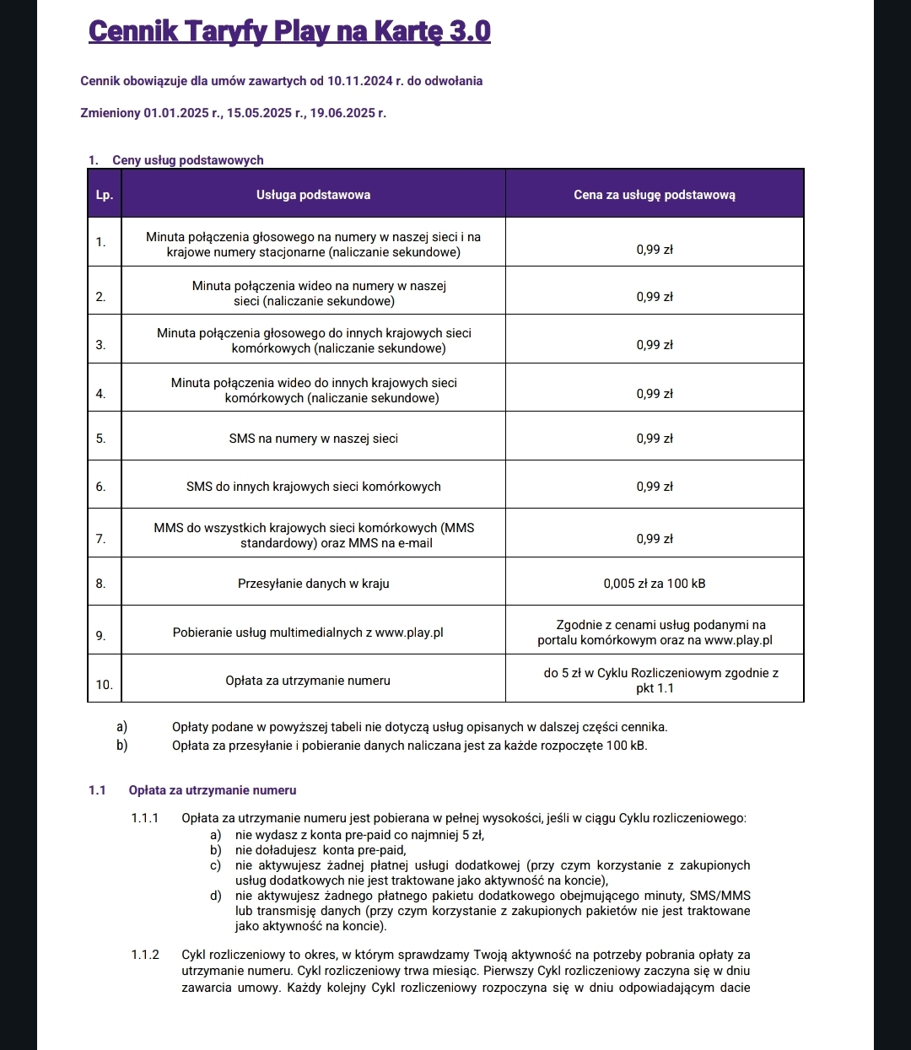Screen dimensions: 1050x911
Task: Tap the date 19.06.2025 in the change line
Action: click(x=342, y=113)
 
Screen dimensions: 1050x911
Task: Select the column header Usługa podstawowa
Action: click(x=313, y=195)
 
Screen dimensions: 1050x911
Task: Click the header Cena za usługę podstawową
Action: click(x=654, y=195)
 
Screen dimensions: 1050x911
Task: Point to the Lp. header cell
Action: click(x=104, y=195)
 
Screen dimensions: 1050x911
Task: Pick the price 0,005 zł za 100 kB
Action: click(x=654, y=584)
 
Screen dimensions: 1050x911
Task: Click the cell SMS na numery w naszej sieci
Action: click(x=313, y=439)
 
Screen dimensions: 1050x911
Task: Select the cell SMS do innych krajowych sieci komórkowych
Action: click(x=313, y=487)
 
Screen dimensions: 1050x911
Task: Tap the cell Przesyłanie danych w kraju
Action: click(x=313, y=584)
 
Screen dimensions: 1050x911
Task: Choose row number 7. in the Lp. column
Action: click(x=100, y=539)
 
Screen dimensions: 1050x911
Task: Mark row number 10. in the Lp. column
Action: click(x=104, y=685)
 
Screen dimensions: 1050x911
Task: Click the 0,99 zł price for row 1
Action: click(x=654, y=250)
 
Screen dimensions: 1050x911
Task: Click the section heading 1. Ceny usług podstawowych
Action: click(x=176, y=160)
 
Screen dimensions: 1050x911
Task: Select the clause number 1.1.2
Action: click(x=145, y=955)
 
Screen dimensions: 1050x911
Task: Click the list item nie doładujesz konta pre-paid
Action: click(x=321, y=850)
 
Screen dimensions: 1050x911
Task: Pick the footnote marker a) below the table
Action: click(x=122, y=727)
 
